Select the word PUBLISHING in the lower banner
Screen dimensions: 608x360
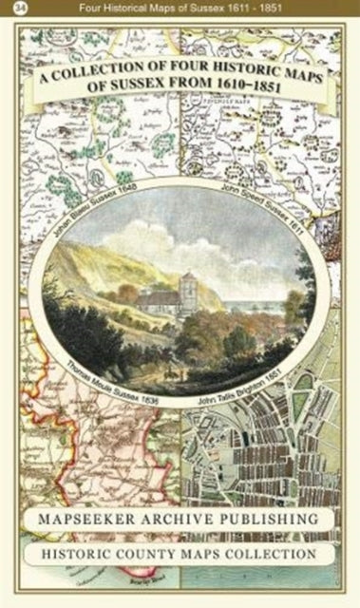[x=269, y=520]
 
